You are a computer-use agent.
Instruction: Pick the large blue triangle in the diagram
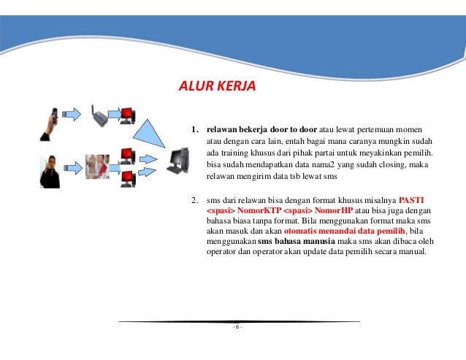153,132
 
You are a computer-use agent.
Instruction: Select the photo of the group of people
97,166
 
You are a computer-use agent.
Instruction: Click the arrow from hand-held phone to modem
72,114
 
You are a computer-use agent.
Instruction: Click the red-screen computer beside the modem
127,115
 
